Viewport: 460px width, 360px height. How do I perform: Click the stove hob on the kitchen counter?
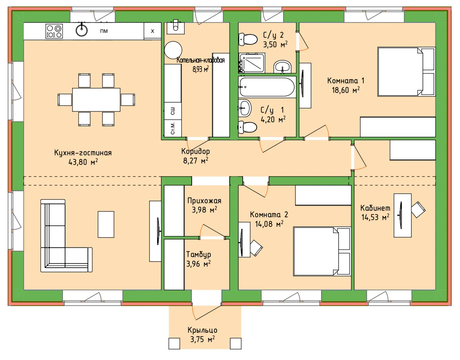(54, 31)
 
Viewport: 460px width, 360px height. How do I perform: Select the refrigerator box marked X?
(152, 31)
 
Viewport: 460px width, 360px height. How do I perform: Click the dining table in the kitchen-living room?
(96, 100)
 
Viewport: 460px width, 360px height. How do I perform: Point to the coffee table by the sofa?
(106, 224)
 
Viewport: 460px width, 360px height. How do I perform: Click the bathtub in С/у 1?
(267, 87)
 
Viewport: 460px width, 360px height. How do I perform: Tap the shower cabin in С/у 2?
(252, 63)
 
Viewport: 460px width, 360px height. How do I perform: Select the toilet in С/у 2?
(248, 39)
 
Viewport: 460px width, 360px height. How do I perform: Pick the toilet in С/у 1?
(247, 127)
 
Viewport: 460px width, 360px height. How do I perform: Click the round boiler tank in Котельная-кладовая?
(173, 50)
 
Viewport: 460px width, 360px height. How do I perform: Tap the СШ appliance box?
(173, 111)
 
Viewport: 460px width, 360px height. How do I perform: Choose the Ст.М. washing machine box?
(173, 128)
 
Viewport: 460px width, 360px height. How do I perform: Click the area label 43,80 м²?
(83, 162)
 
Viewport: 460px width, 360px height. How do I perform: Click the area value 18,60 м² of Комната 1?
(346, 90)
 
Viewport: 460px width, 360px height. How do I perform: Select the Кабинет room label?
(375, 208)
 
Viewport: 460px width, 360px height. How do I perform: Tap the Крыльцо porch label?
(202, 330)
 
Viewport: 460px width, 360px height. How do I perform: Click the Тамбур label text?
(199, 254)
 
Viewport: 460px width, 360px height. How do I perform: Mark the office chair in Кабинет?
(418, 210)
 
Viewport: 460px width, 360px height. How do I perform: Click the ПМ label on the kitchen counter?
(104, 31)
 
